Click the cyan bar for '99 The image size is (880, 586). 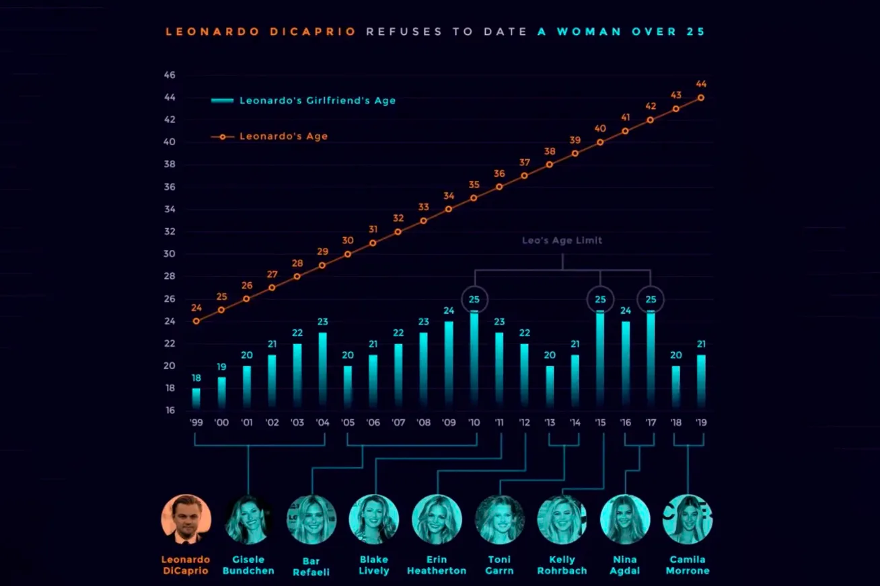[196, 398]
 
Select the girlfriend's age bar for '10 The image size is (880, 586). [474, 360]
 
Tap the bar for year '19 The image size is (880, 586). [702, 381]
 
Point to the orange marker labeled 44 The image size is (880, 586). [701, 97]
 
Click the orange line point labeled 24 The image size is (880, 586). [196, 321]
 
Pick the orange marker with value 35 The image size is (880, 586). [474, 198]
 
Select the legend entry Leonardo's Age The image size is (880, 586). [283, 136]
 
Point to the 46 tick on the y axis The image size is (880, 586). [169, 75]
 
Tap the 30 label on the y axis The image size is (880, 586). [169, 254]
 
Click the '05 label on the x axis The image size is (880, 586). [348, 423]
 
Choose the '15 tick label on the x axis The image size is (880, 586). [600, 423]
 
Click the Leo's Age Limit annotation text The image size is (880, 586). [562, 241]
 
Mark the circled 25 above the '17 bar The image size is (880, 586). [651, 299]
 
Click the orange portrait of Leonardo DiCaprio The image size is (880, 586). [186, 519]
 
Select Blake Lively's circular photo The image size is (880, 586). [374, 519]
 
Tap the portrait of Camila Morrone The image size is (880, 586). [688, 519]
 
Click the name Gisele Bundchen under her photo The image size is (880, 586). [249, 565]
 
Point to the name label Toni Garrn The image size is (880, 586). [499, 565]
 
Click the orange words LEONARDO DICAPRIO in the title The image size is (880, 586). [260, 32]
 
